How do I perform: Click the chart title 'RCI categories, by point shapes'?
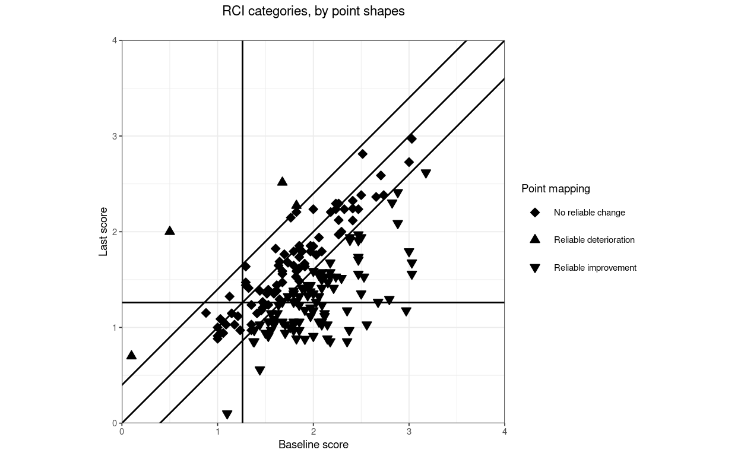point(313,11)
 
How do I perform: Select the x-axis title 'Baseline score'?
point(313,445)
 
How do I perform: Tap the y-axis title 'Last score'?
point(103,232)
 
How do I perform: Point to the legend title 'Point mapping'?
point(555,189)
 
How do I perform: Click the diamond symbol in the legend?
point(534,213)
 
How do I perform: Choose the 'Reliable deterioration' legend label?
point(594,240)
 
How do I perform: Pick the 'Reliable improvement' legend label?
point(595,268)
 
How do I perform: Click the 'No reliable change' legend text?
point(589,213)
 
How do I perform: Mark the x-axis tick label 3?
point(408,432)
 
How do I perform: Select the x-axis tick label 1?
point(217,432)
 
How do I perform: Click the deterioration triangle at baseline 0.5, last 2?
point(170,230)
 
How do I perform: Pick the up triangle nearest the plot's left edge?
point(131,355)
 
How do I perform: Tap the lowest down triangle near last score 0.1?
point(227,414)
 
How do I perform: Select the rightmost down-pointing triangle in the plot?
point(426,174)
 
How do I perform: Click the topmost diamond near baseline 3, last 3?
point(411,138)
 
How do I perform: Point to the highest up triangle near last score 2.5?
point(283,181)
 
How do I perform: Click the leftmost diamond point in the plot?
point(206,313)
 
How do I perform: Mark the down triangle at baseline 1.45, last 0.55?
point(259,371)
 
